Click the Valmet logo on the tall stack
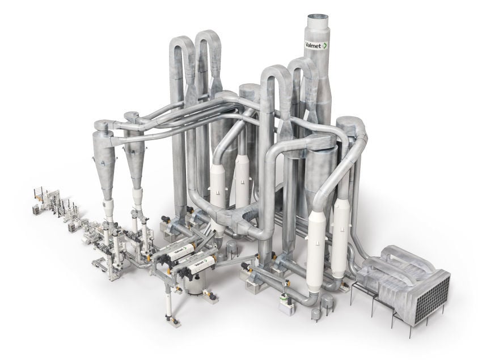316,45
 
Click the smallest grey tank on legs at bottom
315,314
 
